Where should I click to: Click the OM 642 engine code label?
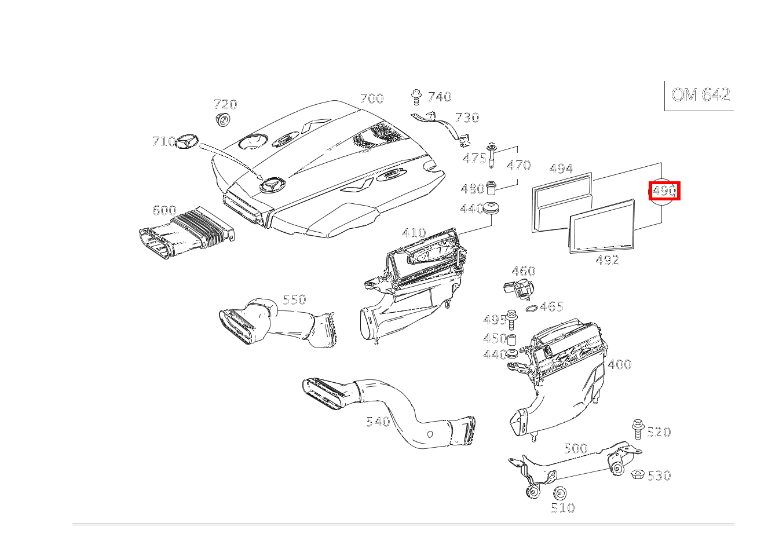[x=700, y=94]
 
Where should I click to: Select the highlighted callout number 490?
[x=664, y=191]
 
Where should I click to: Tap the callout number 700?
[x=372, y=98]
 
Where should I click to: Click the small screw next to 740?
[x=416, y=97]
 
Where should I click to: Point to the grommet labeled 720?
[x=223, y=119]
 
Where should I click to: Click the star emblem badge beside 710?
[x=186, y=141]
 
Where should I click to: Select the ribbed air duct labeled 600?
[x=186, y=232]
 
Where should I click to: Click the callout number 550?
[x=294, y=299]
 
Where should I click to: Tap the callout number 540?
[x=378, y=422]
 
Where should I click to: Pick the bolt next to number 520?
[x=638, y=429]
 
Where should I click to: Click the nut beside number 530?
[x=638, y=474]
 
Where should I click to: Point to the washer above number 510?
[x=559, y=493]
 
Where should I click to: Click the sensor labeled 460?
[x=519, y=288]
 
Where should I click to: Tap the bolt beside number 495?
[x=511, y=319]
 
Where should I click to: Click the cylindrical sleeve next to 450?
[x=512, y=339]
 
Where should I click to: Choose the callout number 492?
[x=607, y=260]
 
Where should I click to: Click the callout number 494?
[x=561, y=169]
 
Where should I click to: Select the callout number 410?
[x=414, y=233]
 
